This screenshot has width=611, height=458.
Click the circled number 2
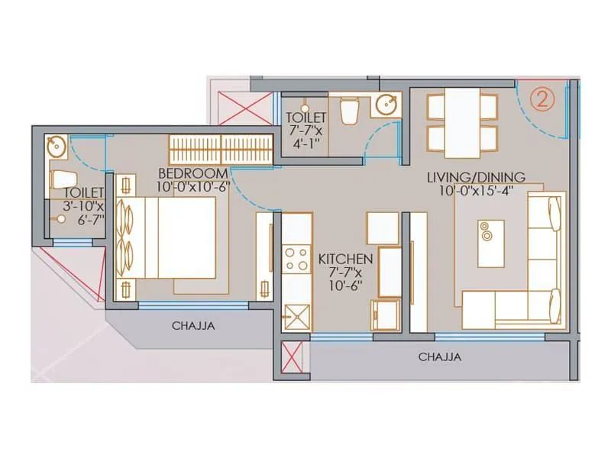pos(542,98)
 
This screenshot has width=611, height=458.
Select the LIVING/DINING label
pos(468,178)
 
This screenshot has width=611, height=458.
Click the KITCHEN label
pos(345,259)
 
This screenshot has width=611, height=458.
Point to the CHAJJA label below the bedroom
pos(193,325)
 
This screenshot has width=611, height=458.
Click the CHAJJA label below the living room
pos(439,356)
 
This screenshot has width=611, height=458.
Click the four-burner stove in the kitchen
pos(295,260)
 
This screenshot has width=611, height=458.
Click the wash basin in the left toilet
pos(55,145)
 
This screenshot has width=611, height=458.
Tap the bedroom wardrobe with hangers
pos(220,149)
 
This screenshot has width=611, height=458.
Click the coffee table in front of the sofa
pos(490,243)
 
